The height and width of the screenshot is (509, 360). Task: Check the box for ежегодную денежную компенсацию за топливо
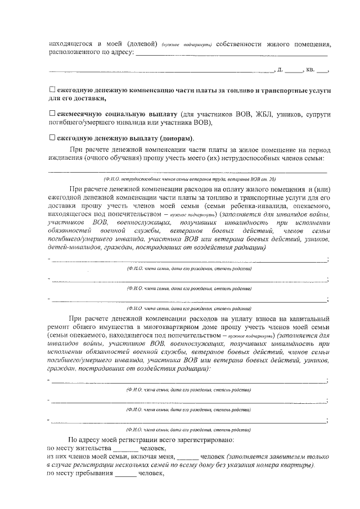[x=52, y=90]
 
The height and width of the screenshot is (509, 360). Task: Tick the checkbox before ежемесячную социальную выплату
[x=52, y=113]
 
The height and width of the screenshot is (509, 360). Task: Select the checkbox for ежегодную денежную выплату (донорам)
[x=52, y=137]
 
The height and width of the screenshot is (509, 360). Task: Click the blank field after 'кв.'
[x=322, y=70]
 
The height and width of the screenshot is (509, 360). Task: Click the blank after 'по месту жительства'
[x=125, y=448]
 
